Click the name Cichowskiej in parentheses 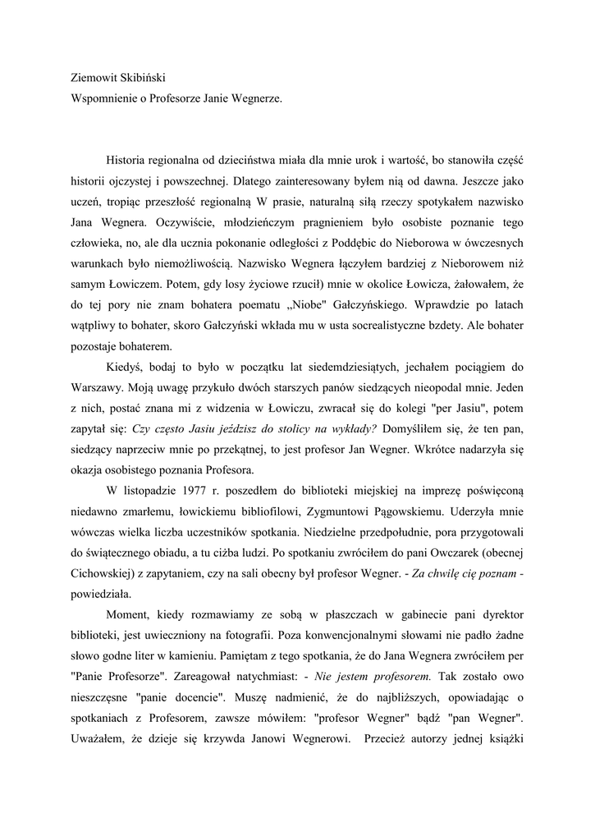[x=104, y=572]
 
